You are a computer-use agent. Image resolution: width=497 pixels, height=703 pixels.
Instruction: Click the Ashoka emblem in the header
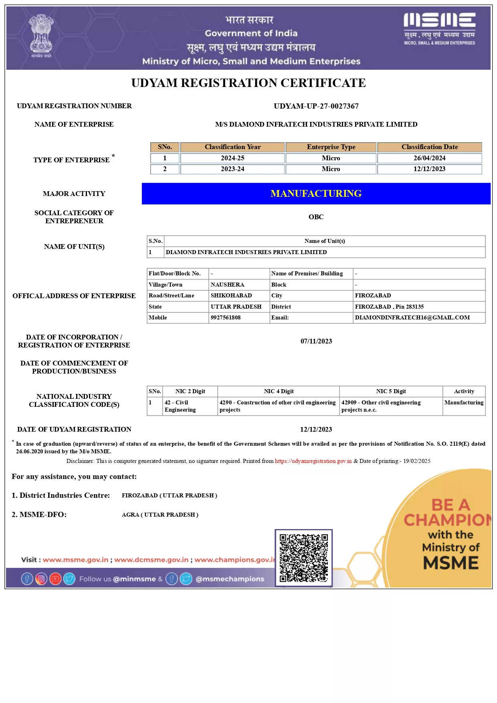41,36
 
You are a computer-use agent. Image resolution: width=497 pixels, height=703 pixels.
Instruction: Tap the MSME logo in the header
439,28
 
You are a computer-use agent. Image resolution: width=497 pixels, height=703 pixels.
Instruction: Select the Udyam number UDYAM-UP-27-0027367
316,106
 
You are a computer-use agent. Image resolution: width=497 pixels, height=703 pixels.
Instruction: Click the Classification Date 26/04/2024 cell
429,158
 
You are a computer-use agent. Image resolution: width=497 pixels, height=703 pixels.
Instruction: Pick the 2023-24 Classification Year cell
232,169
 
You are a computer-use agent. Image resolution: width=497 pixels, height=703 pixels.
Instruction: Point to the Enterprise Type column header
331,147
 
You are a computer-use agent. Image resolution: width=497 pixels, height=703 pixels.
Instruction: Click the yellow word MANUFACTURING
316,194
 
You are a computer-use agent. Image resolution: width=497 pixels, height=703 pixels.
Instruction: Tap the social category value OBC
316,217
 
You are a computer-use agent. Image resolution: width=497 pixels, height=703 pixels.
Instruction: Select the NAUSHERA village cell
227,285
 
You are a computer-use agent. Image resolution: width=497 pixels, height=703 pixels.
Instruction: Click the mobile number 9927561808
226,317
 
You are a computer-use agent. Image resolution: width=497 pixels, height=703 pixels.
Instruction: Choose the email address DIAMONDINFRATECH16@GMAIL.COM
412,317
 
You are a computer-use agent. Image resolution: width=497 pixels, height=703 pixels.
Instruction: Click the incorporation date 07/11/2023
316,341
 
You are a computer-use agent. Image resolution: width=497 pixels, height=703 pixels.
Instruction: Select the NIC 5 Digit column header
391,391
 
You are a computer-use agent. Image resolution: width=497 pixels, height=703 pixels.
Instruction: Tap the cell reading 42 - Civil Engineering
180,406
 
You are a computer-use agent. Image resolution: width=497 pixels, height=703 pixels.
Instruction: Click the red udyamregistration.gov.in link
313,461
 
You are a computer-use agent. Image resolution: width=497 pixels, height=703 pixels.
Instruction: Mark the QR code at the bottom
303,558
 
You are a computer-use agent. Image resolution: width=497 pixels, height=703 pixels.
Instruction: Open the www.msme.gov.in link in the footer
75,560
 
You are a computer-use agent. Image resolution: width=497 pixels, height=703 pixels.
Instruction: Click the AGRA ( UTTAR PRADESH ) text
160,515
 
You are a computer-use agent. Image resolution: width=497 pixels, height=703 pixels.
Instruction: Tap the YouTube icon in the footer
55,579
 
